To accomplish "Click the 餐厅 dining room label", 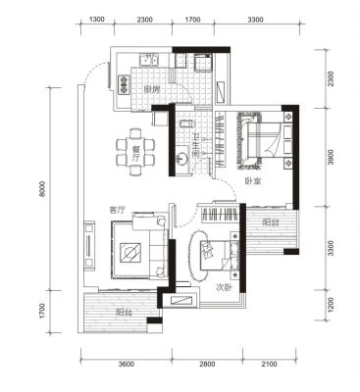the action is point(136,152).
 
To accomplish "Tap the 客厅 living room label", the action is point(117,211).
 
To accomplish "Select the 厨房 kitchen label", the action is point(151,89).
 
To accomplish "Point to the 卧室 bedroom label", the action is point(253,182).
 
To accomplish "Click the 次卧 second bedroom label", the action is point(224,287).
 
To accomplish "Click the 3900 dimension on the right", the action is point(332,157).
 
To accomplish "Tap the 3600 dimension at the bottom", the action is point(127,364).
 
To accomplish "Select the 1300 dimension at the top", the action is point(97,20).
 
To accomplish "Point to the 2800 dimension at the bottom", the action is point(207,364).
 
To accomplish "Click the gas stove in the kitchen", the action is point(124,84).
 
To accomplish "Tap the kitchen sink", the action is point(148,60).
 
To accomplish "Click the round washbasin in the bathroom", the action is point(181,160).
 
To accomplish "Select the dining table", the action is point(136,152).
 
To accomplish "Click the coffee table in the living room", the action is point(130,253).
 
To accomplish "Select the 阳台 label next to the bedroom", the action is point(271,222).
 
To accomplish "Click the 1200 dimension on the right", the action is point(332,305).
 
